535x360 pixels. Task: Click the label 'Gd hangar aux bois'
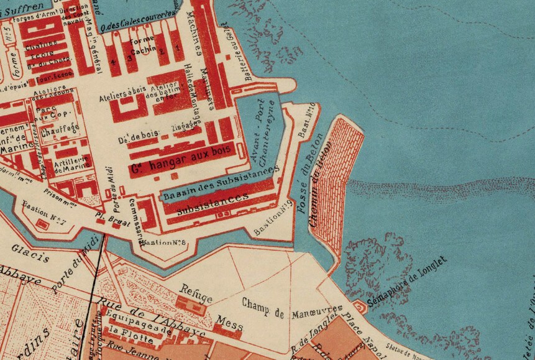(x=180, y=159)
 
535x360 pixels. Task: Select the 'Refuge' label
(x=196, y=290)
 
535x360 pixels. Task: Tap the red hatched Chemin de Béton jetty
(x=332, y=187)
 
